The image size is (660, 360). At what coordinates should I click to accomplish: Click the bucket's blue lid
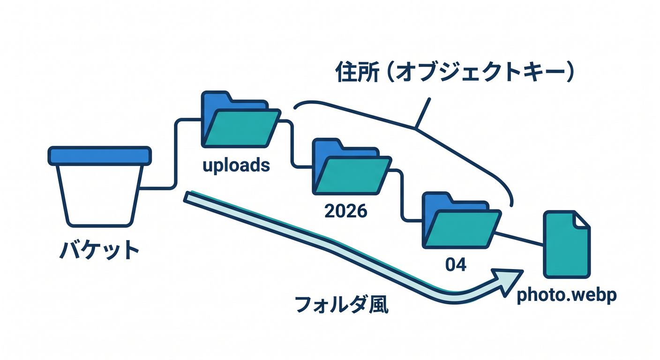(x=99, y=156)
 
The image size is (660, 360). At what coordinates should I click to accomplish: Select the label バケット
(x=99, y=250)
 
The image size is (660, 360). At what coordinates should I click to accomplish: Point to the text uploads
(x=236, y=165)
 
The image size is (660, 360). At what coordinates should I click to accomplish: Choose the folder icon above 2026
(x=352, y=166)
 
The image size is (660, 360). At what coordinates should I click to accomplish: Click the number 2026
(x=346, y=211)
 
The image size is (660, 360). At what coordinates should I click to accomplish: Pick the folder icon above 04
(x=462, y=220)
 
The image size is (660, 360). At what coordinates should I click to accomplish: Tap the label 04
(x=456, y=264)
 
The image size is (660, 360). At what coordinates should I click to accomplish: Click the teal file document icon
(x=567, y=244)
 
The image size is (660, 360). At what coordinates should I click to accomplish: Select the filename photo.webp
(x=567, y=295)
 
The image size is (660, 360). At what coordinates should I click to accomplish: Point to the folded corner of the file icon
(x=581, y=220)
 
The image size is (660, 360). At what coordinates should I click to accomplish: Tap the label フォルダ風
(x=342, y=304)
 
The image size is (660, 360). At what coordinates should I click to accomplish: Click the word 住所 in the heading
(x=357, y=72)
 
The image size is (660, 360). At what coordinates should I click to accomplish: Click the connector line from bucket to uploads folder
(x=176, y=153)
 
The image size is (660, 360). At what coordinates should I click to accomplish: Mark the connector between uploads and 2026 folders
(x=292, y=144)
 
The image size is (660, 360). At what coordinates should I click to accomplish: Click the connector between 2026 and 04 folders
(x=402, y=195)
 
